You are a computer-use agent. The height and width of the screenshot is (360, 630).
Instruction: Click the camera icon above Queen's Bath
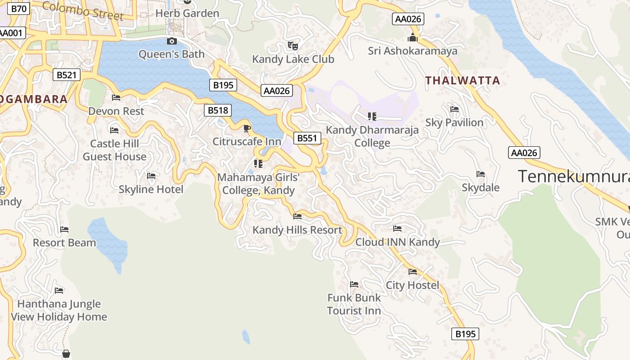(x=171, y=41)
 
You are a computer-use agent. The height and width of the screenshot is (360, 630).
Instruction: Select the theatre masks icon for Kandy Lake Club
(x=293, y=45)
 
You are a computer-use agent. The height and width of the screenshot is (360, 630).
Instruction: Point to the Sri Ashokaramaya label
(x=412, y=51)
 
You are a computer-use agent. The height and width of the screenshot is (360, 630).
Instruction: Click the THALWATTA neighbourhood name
(x=463, y=81)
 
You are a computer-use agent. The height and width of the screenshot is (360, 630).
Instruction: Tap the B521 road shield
(x=67, y=75)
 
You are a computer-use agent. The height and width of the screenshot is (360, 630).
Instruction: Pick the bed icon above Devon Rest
(x=116, y=98)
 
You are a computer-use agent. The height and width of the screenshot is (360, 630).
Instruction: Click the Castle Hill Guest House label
(x=114, y=150)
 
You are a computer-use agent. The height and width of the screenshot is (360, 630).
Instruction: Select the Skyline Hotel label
(x=151, y=189)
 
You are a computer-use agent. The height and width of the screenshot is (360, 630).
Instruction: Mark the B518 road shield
(x=218, y=110)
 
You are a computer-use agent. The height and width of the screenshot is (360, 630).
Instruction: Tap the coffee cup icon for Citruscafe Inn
(x=247, y=128)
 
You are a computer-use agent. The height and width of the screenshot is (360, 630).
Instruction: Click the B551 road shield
(x=307, y=138)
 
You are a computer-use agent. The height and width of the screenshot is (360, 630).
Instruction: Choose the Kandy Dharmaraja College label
(x=372, y=136)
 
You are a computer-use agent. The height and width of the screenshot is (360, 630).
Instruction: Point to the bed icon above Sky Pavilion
(x=454, y=109)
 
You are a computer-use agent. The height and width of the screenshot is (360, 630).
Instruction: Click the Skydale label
(x=480, y=187)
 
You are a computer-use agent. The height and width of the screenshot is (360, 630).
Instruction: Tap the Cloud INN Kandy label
(x=397, y=242)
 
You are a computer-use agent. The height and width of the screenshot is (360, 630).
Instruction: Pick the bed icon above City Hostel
(x=412, y=272)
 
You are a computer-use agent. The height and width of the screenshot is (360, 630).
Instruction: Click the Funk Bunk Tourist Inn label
(x=354, y=304)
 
